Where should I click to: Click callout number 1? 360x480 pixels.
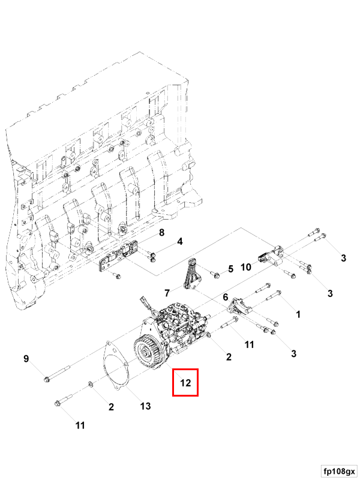click(x=298, y=314)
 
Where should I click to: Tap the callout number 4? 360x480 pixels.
click(x=179, y=242)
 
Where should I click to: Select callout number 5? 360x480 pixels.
click(x=230, y=268)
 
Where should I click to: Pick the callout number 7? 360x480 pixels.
click(x=167, y=292)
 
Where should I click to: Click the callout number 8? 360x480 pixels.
click(x=161, y=232)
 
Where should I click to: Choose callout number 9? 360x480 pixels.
click(x=26, y=359)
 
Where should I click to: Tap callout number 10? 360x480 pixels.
click(x=246, y=266)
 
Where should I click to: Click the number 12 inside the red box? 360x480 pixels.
click(x=185, y=383)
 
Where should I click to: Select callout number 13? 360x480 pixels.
click(x=145, y=406)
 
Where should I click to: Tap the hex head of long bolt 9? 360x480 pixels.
click(x=47, y=379)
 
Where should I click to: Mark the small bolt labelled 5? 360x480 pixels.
click(x=214, y=273)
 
